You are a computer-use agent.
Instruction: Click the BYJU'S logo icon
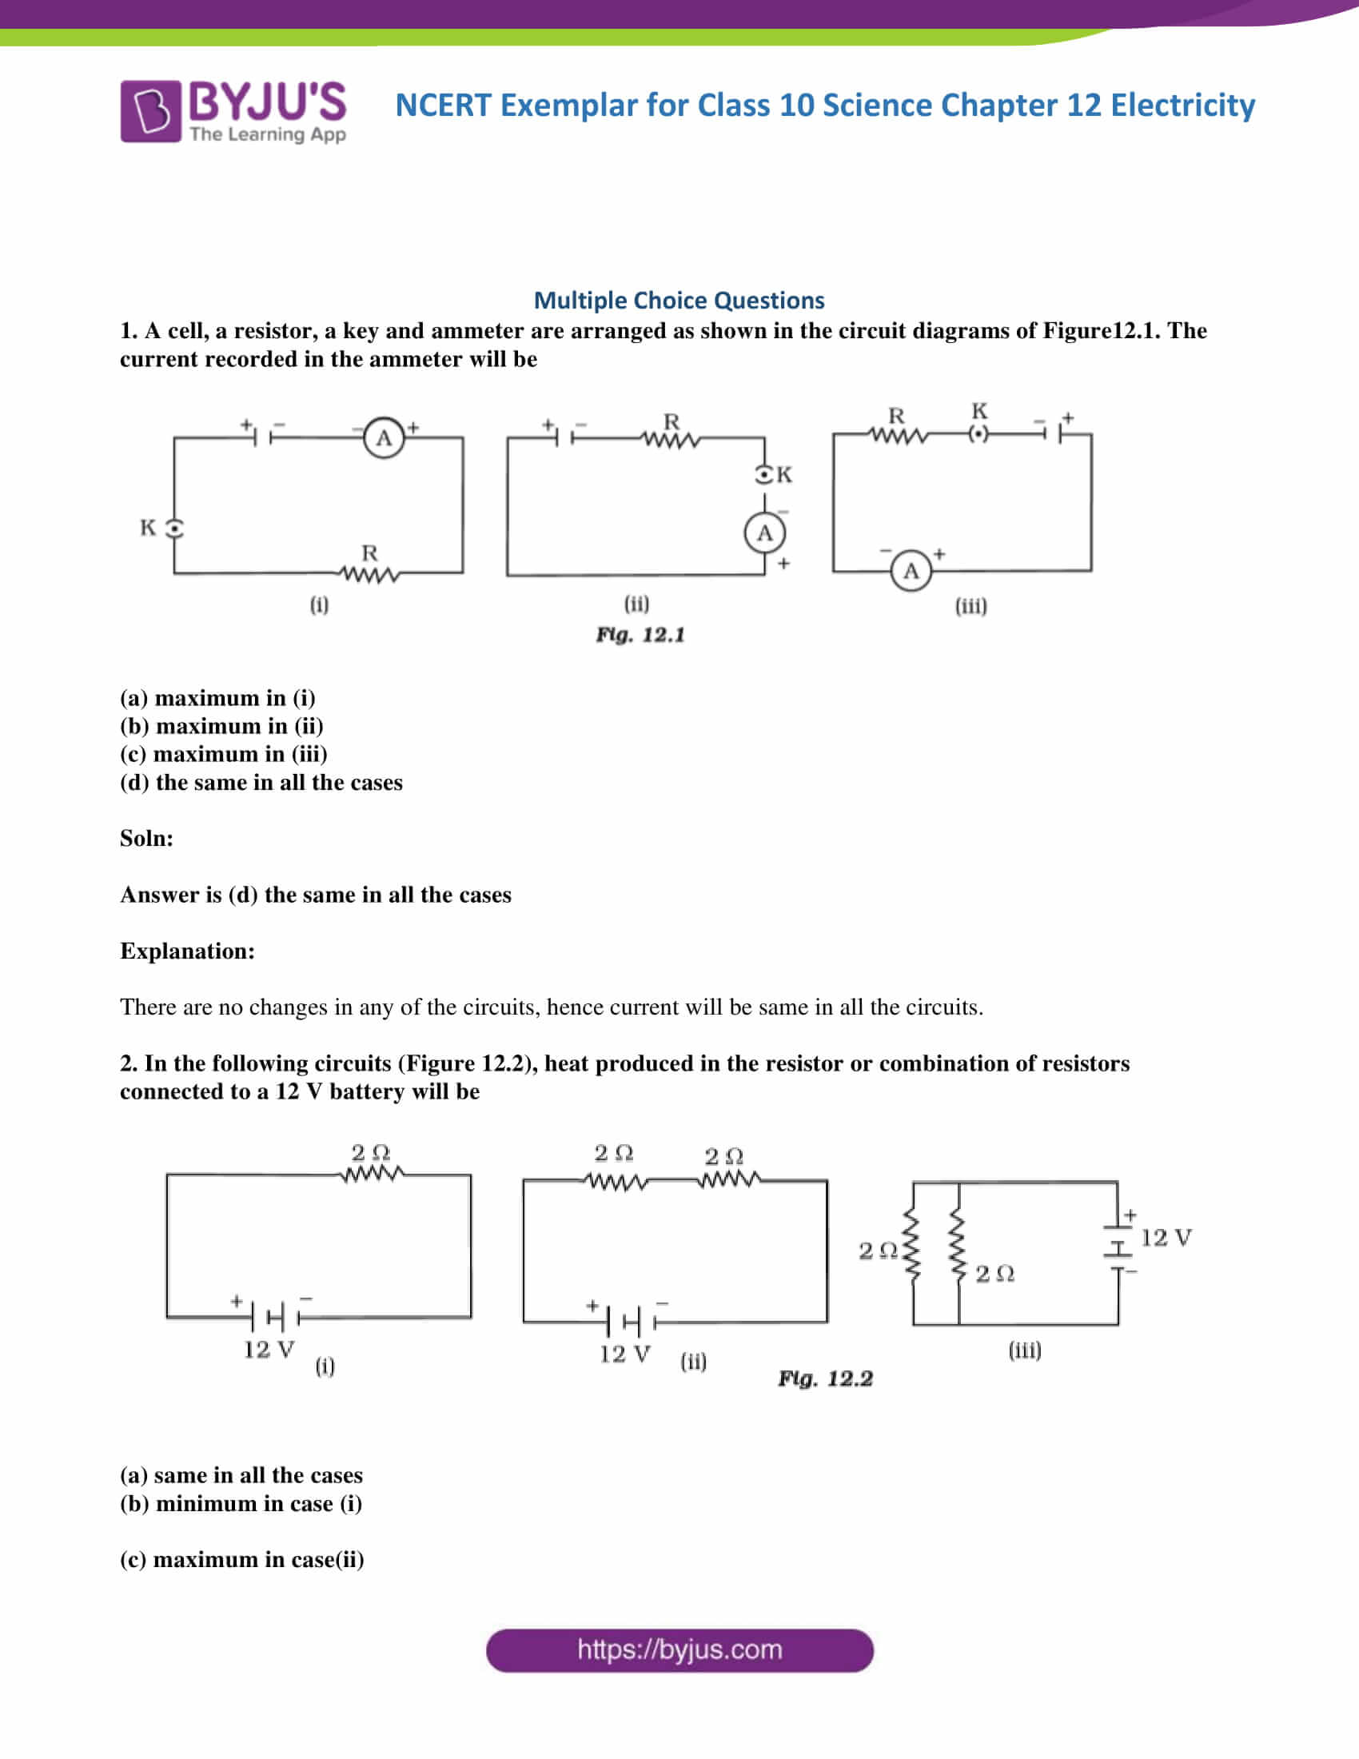(x=150, y=111)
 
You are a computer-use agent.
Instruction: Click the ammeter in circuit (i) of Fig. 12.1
(x=384, y=438)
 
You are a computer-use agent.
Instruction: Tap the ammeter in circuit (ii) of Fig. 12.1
(x=764, y=533)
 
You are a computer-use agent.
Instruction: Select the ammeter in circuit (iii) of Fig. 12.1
(x=911, y=571)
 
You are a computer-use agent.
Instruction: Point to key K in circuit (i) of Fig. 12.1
(x=174, y=528)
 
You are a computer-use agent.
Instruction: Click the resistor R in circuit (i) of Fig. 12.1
(x=369, y=574)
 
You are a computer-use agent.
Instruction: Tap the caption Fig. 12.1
(x=640, y=636)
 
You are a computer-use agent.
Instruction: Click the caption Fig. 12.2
(x=825, y=1379)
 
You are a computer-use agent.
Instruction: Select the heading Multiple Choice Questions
(x=679, y=301)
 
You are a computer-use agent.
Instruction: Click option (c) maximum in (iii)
(x=224, y=754)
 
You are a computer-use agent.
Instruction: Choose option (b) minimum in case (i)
(x=241, y=1504)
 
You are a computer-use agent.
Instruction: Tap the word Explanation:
(x=188, y=951)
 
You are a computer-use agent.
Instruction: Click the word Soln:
(x=146, y=839)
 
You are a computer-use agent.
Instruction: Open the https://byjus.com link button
(x=679, y=1650)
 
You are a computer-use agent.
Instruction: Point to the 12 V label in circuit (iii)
(x=1166, y=1238)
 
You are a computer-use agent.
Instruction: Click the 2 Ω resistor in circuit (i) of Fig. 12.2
(x=371, y=1175)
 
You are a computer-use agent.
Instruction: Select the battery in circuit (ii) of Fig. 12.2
(x=632, y=1321)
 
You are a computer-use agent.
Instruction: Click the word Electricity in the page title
(x=1182, y=106)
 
